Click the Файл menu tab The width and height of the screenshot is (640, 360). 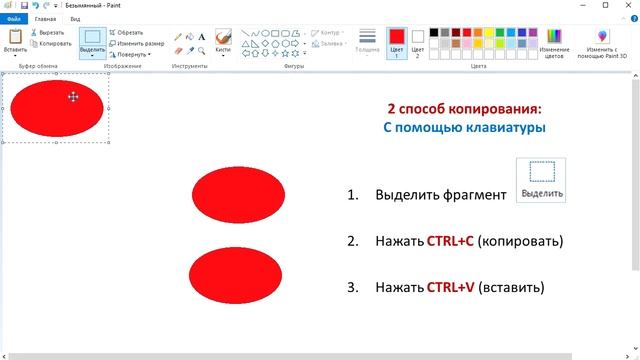[14, 19]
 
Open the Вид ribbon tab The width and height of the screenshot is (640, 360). [75, 19]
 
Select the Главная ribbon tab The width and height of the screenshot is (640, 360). [45, 19]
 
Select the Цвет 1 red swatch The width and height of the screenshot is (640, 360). [397, 41]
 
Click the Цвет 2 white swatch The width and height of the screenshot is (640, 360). [418, 41]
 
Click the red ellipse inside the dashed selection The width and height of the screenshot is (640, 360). [55, 108]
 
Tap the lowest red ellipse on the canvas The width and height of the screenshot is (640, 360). [235, 275]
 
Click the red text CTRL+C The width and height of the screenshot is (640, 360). [450, 241]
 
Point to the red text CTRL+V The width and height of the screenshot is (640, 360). [450, 287]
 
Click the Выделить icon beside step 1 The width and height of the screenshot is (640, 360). [541, 180]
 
